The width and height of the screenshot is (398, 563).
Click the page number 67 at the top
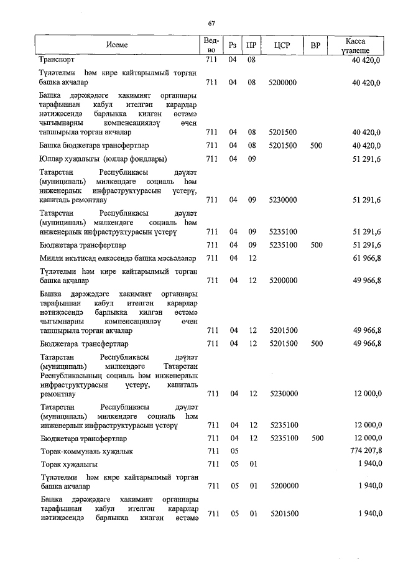[211, 24]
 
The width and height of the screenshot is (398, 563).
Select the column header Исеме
[116, 45]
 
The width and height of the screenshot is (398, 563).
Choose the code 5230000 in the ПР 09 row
[283, 200]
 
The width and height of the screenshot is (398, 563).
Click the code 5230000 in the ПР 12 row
[283, 394]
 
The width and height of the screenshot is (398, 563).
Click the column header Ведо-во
[211, 45]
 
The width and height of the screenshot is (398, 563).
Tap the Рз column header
[233, 45]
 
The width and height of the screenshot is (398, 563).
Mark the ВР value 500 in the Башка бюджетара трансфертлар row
[316, 146]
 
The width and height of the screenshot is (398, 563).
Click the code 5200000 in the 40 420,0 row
[283, 82]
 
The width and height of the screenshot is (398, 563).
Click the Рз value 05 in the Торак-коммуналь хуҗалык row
[233, 450]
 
